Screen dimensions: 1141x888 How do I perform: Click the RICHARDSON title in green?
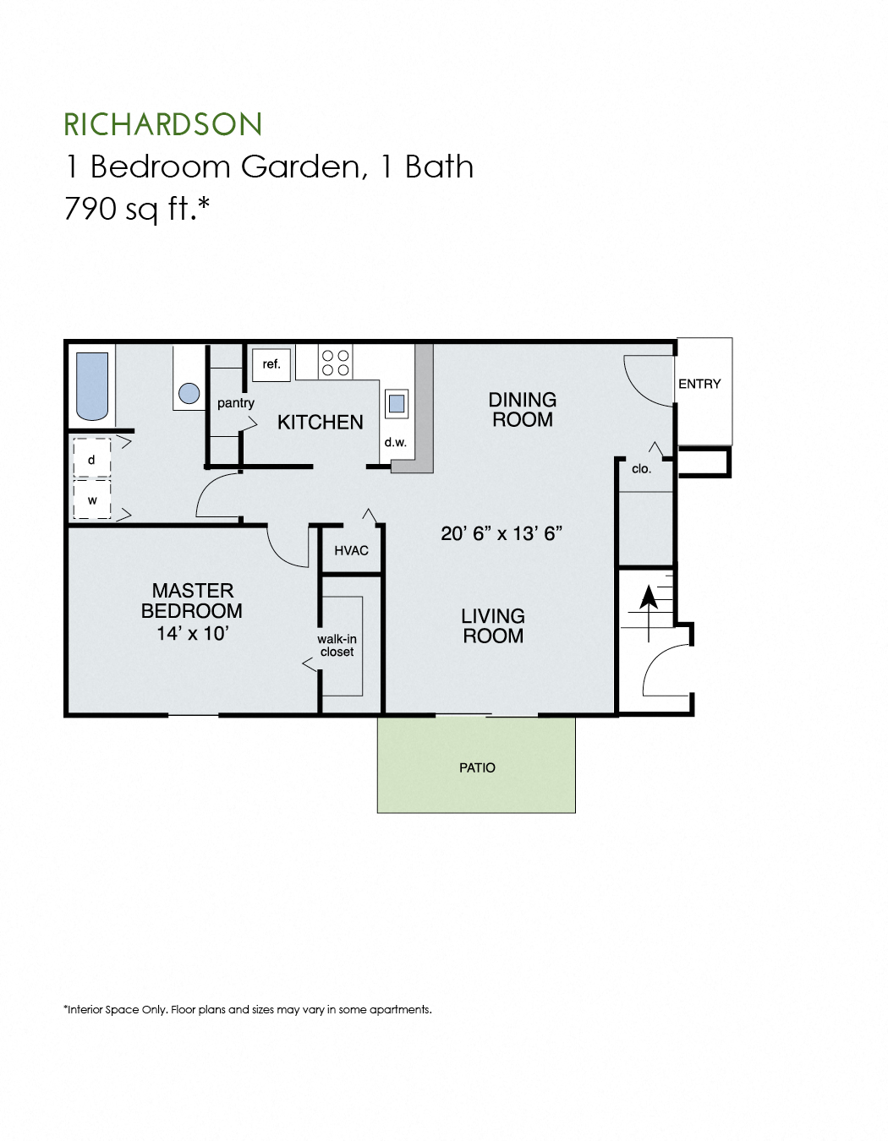click(163, 124)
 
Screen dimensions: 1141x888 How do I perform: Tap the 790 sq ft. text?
click(136, 208)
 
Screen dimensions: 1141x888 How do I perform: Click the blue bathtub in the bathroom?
click(92, 386)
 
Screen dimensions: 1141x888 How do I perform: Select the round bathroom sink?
click(189, 393)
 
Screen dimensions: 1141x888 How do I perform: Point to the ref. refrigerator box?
click(271, 364)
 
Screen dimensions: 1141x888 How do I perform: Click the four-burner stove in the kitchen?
click(336, 363)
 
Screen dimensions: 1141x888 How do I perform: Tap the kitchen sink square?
click(397, 403)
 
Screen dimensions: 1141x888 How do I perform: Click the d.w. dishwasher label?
click(395, 442)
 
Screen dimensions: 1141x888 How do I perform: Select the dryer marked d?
click(91, 460)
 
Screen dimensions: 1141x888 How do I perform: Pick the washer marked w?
click(91, 500)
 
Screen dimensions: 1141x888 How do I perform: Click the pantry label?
click(235, 403)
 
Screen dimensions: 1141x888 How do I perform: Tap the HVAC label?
click(351, 551)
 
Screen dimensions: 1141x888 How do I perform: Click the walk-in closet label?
click(337, 645)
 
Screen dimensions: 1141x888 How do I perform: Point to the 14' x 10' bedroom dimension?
click(192, 633)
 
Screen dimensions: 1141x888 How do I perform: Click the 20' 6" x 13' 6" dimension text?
click(502, 533)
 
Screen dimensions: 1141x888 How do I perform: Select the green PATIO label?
click(477, 767)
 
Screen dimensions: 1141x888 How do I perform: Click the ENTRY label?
click(699, 384)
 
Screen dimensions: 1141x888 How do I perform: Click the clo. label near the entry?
click(641, 469)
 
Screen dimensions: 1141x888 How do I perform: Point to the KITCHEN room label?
click(320, 422)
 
